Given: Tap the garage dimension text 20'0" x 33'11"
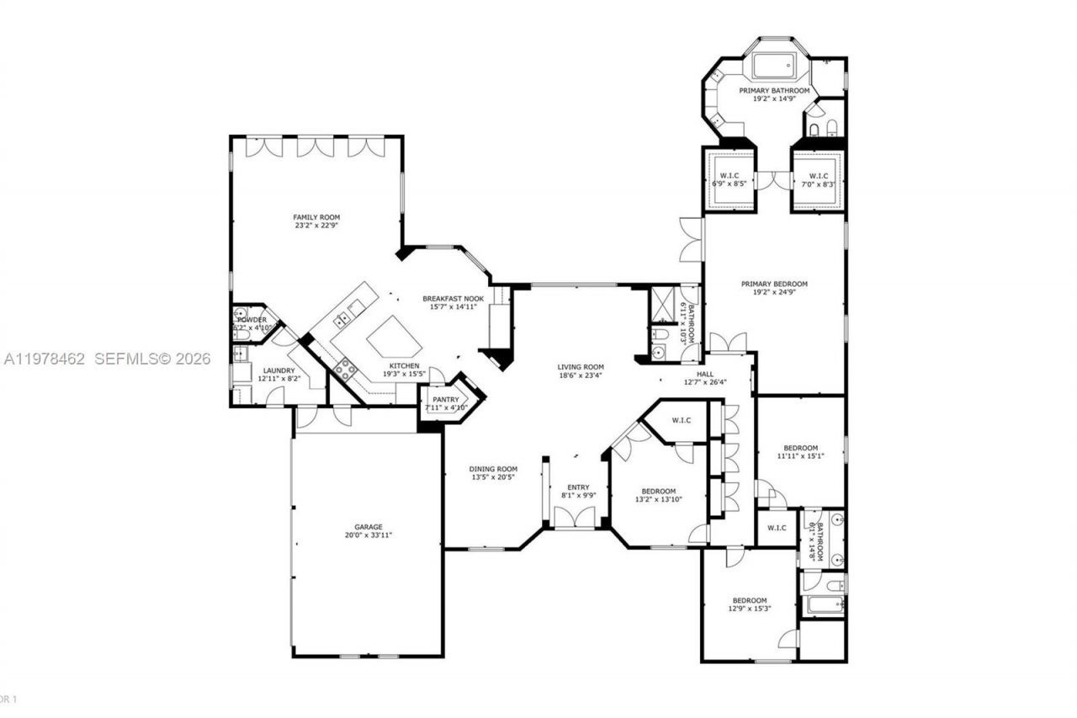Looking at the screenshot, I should click(x=369, y=535).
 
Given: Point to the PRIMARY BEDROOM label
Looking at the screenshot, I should click(x=774, y=284).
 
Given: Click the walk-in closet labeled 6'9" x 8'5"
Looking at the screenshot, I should click(x=729, y=179).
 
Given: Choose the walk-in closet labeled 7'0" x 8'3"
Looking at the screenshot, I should click(x=818, y=179).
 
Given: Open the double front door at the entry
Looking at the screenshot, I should click(x=578, y=517).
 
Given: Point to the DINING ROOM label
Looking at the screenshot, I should click(x=494, y=469).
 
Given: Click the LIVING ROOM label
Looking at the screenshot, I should click(x=581, y=366).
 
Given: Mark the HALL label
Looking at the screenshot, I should click(x=704, y=373).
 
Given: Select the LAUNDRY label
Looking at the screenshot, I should click(x=279, y=370).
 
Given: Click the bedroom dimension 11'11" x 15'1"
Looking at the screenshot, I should click(x=800, y=456).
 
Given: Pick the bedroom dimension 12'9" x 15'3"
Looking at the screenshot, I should click(x=750, y=609).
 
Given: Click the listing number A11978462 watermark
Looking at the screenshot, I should click(x=45, y=359).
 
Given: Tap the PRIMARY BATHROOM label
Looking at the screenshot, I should click(x=774, y=90).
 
